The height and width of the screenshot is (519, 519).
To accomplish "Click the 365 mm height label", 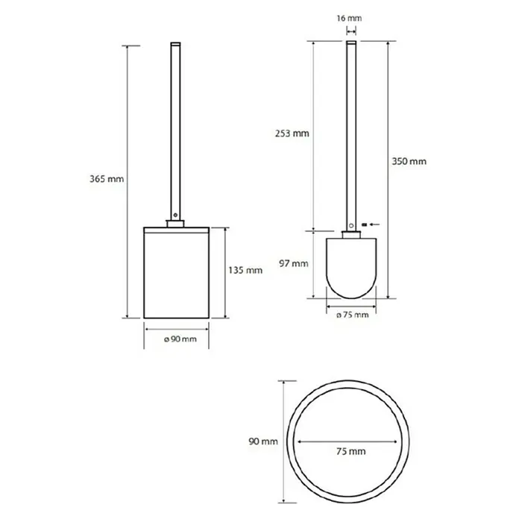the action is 107,179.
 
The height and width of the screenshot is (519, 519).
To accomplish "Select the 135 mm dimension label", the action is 245,271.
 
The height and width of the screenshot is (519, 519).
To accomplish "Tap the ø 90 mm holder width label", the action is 180,339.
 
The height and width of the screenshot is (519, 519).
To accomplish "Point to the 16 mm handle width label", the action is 349,18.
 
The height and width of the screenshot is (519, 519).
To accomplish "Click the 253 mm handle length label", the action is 292,133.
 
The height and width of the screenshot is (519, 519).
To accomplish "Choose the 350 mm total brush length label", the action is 409,162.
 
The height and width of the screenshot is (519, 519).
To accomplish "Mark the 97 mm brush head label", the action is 294,263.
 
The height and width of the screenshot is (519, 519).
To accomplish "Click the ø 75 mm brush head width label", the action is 353,315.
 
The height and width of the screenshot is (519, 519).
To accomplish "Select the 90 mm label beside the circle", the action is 263,441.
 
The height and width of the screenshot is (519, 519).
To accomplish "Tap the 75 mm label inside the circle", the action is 351,451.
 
